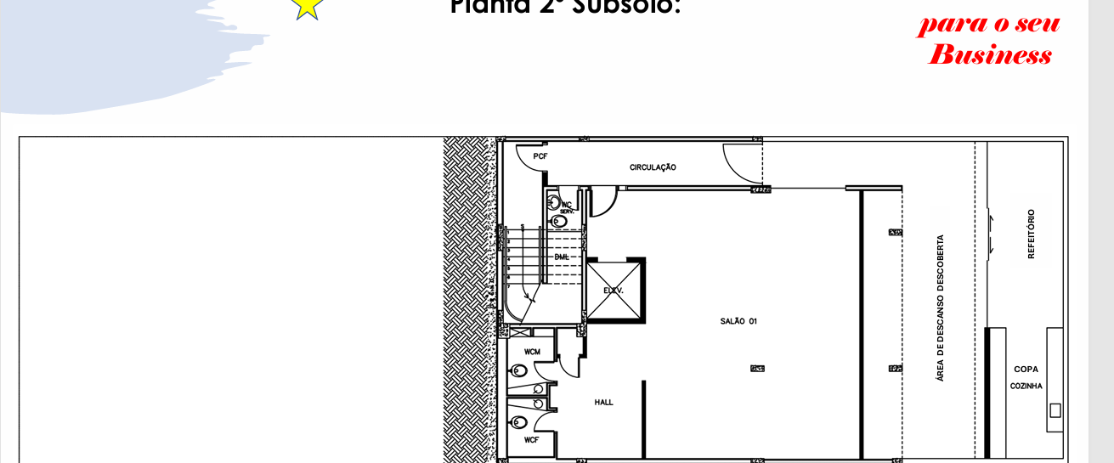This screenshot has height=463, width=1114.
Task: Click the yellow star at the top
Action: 308,7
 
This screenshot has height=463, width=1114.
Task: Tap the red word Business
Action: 990,56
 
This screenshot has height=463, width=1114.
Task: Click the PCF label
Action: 540,157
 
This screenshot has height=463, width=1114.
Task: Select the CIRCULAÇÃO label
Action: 653,167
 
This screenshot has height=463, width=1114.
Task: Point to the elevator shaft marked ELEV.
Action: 614,291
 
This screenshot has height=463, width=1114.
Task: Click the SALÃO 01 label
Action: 738,321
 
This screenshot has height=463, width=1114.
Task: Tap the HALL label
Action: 603,402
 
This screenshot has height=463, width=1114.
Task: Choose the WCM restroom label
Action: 532,352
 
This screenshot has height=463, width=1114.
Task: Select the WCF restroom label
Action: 531,440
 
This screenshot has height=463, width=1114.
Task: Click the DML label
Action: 562,257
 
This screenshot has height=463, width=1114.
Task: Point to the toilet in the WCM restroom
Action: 518,371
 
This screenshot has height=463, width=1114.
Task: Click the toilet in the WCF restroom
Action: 518,422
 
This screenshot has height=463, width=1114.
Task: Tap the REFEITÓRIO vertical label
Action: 1031,234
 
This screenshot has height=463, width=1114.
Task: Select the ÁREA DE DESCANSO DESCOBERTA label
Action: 940,308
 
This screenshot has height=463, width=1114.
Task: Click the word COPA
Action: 1026,370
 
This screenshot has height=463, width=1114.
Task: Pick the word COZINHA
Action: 1026,386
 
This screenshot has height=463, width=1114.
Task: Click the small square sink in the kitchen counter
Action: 1055,411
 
